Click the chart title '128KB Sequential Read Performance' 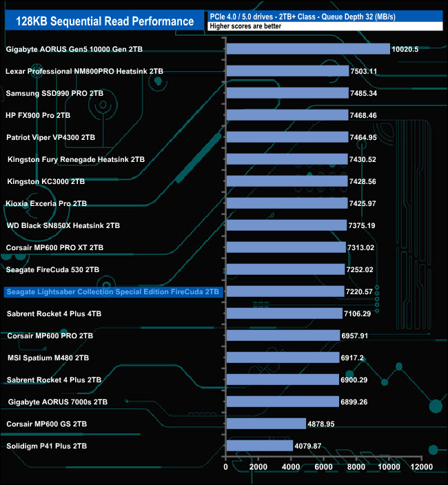(x=104, y=21)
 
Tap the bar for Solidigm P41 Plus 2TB (x=259, y=446)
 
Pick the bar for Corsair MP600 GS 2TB (x=265, y=424)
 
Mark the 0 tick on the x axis (x=226, y=467)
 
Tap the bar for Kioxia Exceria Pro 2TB (x=286, y=203)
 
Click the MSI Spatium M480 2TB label (x=48, y=358)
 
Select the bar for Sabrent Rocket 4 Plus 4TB (x=283, y=313)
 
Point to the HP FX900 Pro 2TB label (x=39, y=115)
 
